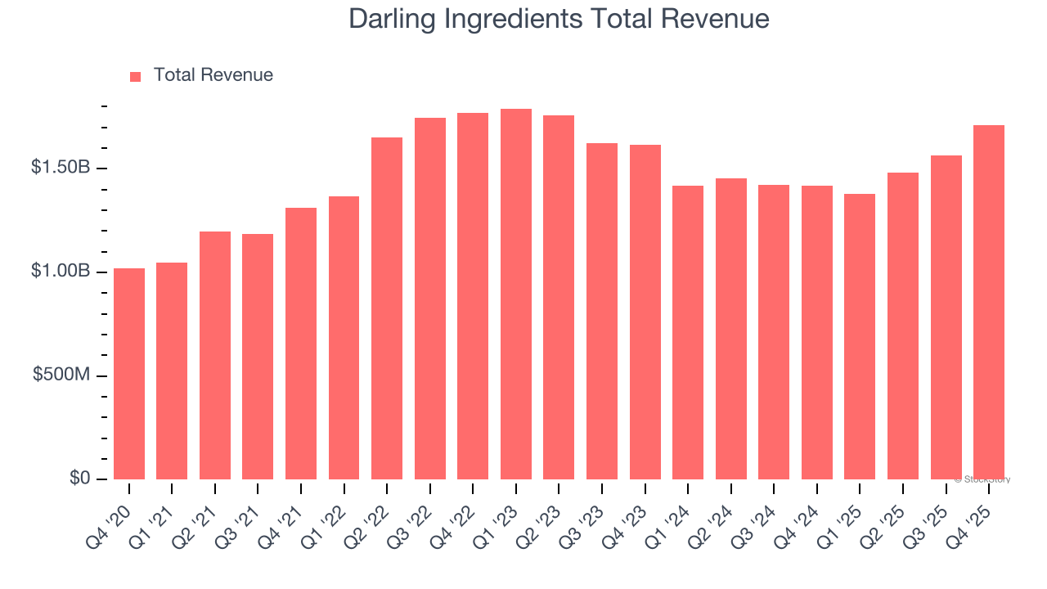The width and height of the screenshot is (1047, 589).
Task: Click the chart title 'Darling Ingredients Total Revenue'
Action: (x=559, y=19)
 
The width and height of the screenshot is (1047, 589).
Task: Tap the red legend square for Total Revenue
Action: (x=136, y=76)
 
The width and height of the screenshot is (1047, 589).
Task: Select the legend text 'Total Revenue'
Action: (x=213, y=75)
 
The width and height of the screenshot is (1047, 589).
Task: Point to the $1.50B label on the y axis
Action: (x=61, y=168)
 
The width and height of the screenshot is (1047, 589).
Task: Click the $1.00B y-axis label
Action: (x=61, y=271)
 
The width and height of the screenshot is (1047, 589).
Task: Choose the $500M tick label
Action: (x=62, y=375)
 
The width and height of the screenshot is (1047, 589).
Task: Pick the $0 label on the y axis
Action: (x=79, y=478)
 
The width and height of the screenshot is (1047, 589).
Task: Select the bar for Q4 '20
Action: (x=129, y=374)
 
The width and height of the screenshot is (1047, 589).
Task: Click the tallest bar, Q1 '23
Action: (x=516, y=294)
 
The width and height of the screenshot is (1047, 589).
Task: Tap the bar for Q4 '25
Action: (x=989, y=303)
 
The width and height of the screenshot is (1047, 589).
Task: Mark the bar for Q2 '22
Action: (x=387, y=308)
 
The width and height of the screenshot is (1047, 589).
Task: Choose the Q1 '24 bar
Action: (x=688, y=332)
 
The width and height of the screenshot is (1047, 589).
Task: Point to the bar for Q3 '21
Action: (x=258, y=357)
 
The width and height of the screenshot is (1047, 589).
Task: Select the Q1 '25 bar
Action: (x=860, y=336)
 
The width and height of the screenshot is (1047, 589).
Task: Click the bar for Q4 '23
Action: (x=645, y=312)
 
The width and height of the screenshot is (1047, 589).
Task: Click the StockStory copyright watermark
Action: (x=982, y=479)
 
